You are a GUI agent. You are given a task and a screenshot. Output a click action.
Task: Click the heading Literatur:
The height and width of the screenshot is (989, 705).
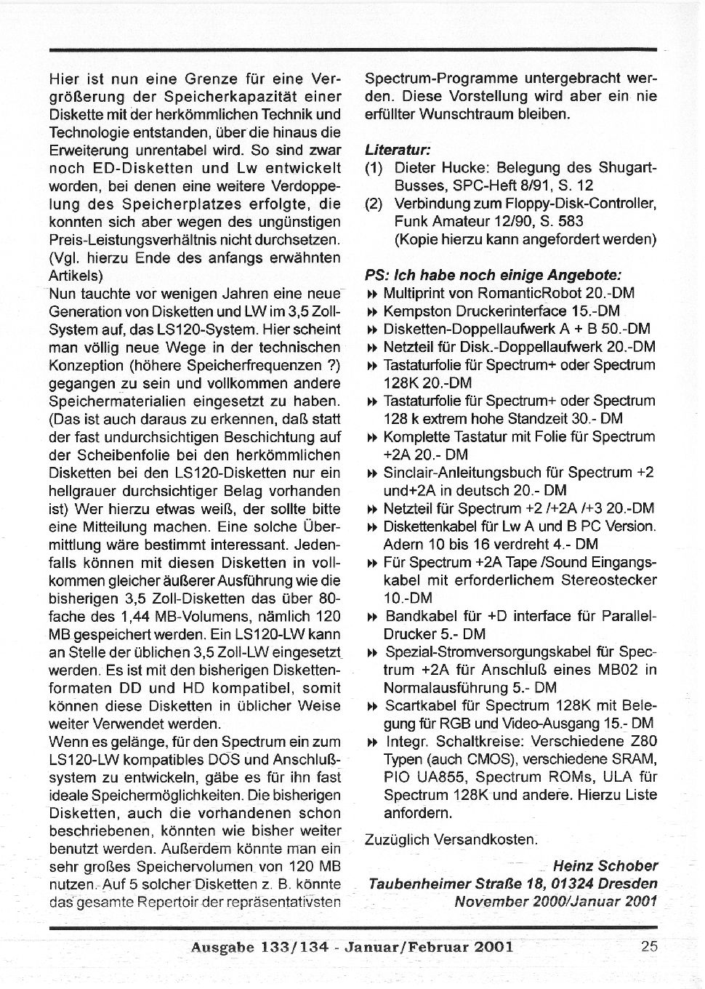coord(398,150)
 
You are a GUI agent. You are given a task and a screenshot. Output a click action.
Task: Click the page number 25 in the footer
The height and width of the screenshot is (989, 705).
coord(650,946)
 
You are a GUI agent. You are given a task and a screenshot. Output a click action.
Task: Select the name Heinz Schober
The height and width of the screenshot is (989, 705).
coord(605,866)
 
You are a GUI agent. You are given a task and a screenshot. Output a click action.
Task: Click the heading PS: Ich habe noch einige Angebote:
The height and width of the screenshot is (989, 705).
coord(493,276)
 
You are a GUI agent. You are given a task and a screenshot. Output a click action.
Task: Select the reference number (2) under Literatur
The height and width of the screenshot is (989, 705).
coord(374,204)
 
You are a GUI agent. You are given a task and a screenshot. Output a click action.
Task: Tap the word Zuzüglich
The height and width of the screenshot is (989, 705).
coord(397,840)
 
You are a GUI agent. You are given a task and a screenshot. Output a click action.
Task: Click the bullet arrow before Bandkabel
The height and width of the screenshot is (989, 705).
coord(371,617)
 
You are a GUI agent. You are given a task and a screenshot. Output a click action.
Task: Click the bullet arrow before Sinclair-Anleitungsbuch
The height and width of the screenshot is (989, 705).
coord(371,473)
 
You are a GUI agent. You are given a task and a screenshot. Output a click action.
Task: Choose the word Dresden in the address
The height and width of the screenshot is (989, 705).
coord(629,884)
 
